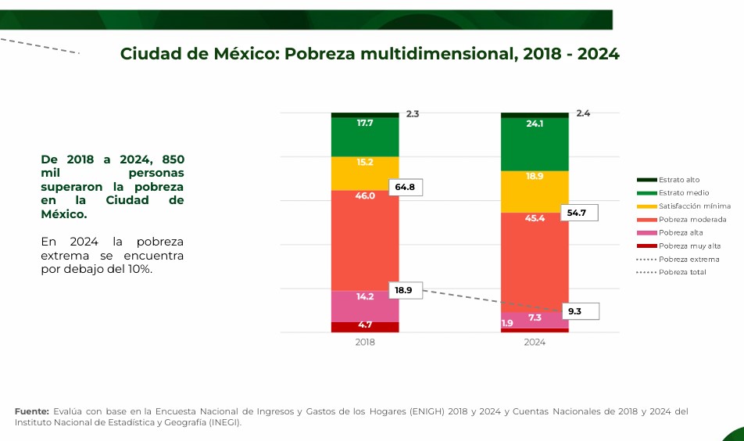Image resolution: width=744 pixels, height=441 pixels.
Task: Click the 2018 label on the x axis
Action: click(x=365, y=342)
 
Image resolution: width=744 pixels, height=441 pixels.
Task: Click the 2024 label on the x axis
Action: click(x=535, y=342)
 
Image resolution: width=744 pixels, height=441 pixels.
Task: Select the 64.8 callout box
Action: click(x=405, y=188)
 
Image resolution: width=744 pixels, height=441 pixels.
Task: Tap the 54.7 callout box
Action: click(x=578, y=213)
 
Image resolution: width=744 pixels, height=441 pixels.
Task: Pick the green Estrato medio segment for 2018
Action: click(x=365, y=137)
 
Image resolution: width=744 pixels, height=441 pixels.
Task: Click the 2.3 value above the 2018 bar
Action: click(x=413, y=114)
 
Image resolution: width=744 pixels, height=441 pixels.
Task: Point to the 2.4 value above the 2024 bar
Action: click(x=583, y=113)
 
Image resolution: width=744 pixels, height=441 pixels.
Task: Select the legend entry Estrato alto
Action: click(x=678, y=180)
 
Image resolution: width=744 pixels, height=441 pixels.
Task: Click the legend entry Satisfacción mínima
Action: click(x=694, y=206)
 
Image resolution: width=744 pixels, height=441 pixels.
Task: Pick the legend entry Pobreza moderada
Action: click(x=692, y=220)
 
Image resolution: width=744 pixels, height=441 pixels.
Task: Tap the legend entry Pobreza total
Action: click(x=681, y=272)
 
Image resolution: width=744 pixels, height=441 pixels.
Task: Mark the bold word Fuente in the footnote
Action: click(x=32, y=411)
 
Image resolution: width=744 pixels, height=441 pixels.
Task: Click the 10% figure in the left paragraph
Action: click(x=140, y=269)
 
